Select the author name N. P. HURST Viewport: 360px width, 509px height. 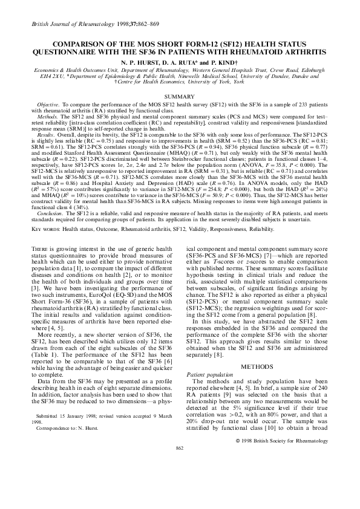click(136, 62)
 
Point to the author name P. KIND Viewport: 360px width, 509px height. click(227, 62)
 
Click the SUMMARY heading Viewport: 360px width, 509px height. click(180, 96)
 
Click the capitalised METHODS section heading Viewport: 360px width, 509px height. click(257, 349)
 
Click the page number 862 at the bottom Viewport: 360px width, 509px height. click(179, 499)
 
